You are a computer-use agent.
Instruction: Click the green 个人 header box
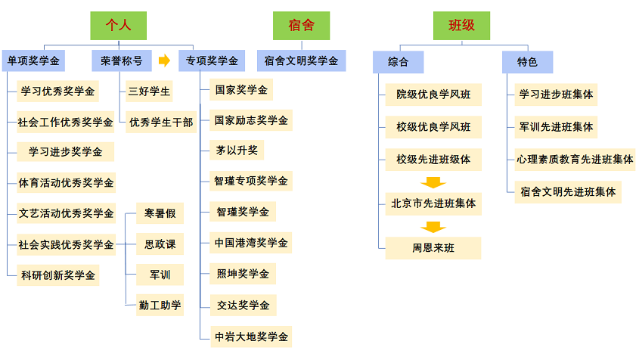click(118, 26)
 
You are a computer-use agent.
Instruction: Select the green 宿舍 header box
click(302, 26)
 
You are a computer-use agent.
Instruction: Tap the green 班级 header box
click(461, 26)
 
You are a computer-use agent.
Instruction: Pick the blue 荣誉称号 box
click(121, 61)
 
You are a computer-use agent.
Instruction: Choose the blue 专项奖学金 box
click(212, 61)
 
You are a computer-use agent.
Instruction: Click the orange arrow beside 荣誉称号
click(164, 61)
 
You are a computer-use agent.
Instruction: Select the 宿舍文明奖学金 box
click(302, 61)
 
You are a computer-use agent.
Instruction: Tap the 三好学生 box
click(150, 92)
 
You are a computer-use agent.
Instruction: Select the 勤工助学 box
click(160, 306)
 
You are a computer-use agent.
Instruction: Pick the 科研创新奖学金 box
click(57, 275)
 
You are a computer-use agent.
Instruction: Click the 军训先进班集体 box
click(556, 126)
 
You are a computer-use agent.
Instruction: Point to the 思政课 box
click(160, 244)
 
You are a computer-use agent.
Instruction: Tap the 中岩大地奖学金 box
click(251, 337)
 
